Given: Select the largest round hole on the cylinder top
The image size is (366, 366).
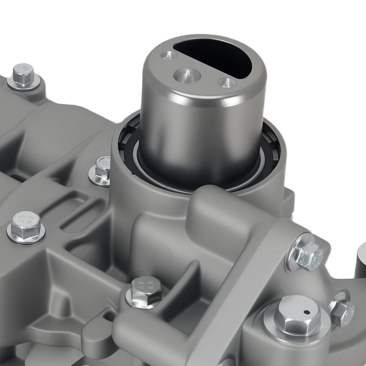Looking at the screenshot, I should click(187, 75).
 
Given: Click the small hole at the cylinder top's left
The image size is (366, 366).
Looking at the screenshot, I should click(167, 56).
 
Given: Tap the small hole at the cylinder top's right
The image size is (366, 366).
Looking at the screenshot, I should click(227, 82).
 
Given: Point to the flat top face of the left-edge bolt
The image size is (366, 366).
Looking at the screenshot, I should click(26, 221).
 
